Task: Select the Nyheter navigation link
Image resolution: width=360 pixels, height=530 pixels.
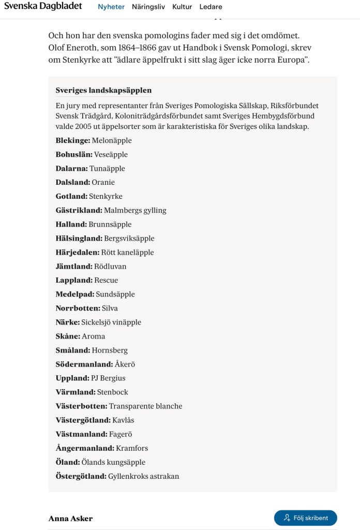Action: pyautogui.click(x=111, y=7)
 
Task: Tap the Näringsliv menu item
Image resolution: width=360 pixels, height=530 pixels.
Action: pyautogui.click(x=148, y=7)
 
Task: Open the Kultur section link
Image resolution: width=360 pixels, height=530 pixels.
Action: pyautogui.click(x=182, y=7)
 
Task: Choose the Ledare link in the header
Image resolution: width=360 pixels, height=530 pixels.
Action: pyautogui.click(x=211, y=7)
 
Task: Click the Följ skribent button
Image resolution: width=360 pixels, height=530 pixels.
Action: pyautogui.click(x=305, y=518)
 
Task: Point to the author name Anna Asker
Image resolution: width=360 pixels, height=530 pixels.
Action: pyautogui.click(x=70, y=518)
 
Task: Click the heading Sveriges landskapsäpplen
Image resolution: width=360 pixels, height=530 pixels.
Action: pyautogui.click(x=103, y=90)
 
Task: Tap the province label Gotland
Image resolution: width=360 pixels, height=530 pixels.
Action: pyautogui.click(x=71, y=196)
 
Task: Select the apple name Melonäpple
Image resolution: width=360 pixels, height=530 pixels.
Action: pyautogui.click(x=112, y=140)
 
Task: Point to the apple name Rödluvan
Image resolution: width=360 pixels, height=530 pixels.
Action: pyautogui.click(x=110, y=266)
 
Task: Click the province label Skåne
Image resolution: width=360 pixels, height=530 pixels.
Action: pyautogui.click(x=68, y=336)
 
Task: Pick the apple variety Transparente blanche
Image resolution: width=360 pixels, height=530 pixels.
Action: pyautogui.click(x=145, y=406)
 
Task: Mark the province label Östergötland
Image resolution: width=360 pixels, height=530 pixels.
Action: pyautogui.click(x=81, y=476)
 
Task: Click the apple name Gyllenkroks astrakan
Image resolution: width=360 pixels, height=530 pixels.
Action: pyautogui.click(x=144, y=476)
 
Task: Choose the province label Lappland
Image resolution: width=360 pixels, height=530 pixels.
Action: pyautogui.click(x=74, y=280)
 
